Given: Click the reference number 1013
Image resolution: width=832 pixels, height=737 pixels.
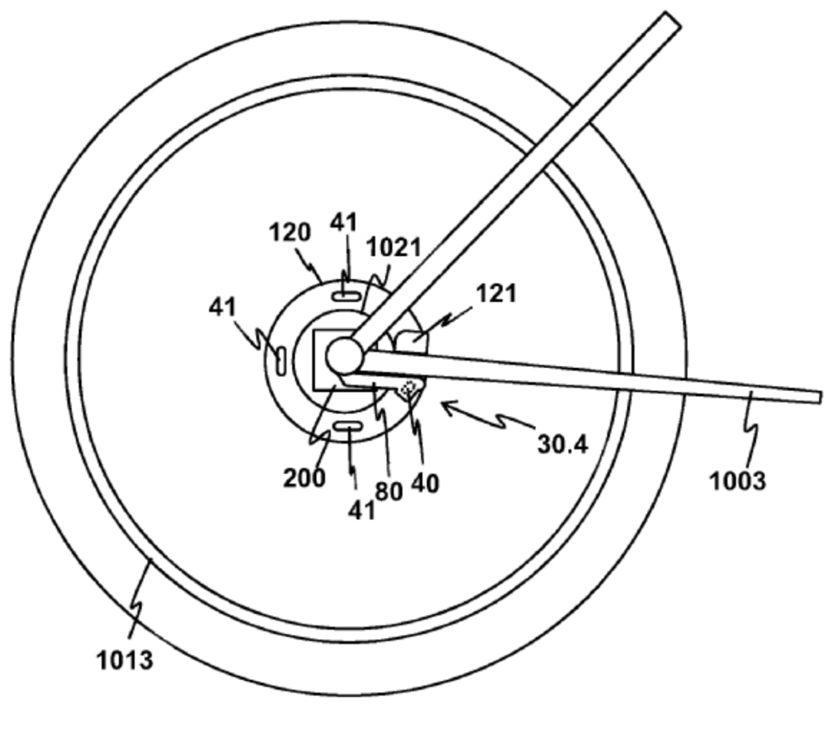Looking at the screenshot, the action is (x=124, y=661).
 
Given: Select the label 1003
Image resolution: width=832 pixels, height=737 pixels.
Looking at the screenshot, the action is (x=738, y=481).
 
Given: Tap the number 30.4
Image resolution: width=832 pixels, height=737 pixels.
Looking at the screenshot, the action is (x=562, y=444).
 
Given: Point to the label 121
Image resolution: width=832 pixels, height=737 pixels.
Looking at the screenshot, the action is (x=496, y=293).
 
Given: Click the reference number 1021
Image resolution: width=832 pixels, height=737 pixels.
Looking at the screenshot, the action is (x=394, y=247).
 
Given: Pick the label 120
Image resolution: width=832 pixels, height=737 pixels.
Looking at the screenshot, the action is (x=290, y=232).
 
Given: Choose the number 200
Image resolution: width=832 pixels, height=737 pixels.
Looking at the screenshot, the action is (x=304, y=478).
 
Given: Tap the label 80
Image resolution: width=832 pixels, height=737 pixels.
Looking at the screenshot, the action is (x=389, y=492).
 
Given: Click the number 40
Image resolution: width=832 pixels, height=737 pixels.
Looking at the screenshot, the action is (x=425, y=483).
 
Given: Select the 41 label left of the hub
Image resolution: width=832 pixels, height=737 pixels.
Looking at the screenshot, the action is (x=223, y=306).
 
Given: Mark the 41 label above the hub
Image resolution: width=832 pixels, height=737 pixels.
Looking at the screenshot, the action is (x=344, y=222).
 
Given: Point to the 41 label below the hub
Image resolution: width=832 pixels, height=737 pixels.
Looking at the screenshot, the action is (x=362, y=510).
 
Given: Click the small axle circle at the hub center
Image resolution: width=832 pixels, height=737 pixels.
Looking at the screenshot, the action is (x=344, y=357).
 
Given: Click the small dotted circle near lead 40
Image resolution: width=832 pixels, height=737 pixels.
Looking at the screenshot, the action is (x=408, y=389).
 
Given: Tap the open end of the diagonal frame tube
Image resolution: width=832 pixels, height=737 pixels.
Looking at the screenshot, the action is (x=672, y=19).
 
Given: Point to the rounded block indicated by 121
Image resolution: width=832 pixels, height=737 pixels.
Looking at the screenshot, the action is (x=412, y=342).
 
